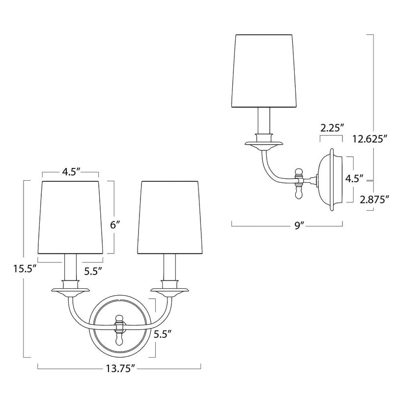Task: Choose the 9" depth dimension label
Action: tap(297, 226)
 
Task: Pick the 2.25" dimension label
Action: tap(332, 128)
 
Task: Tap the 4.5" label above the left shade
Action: tap(71, 172)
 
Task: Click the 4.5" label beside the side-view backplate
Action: tap(354, 179)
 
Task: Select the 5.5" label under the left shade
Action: tap(93, 271)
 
